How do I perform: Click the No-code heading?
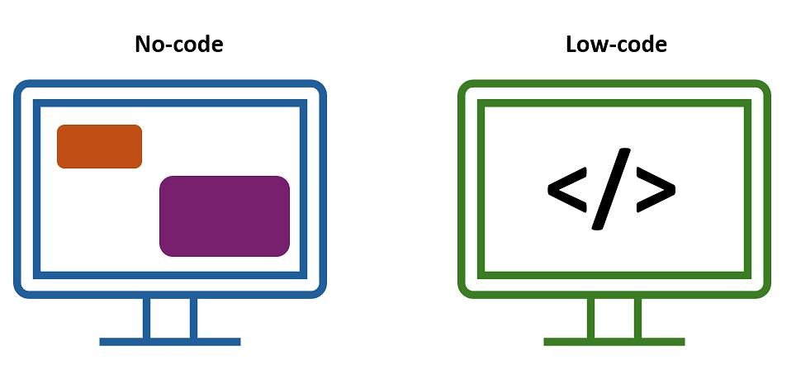pyautogui.click(x=178, y=45)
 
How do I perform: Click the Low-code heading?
pyautogui.click(x=616, y=45)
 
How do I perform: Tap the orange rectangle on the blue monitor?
pyautogui.click(x=99, y=146)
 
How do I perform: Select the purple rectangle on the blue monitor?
pyautogui.click(x=225, y=216)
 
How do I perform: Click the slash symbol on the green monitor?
pyautogui.click(x=611, y=189)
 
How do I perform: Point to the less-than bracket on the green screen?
pyautogui.click(x=567, y=189)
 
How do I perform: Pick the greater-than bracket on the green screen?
pyautogui.click(x=656, y=189)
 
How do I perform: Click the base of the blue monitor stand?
pyautogui.click(x=169, y=342)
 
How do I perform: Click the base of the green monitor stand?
pyautogui.click(x=614, y=342)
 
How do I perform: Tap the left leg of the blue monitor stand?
pyautogui.click(x=147, y=318)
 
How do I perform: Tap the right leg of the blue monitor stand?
pyautogui.click(x=193, y=318)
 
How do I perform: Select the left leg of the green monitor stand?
pyautogui.click(x=590, y=318)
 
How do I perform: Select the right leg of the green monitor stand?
pyautogui.click(x=638, y=318)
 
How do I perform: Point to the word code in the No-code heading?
pyautogui.click(x=200, y=45)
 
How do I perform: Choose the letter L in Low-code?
pyautogui.click(x=571, y=45)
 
